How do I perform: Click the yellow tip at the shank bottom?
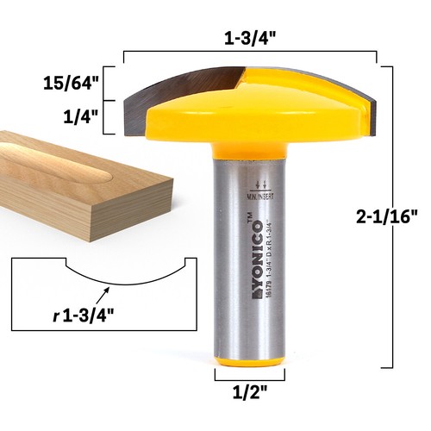[x=250, y=365]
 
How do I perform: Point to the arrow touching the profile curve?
[x=106, y=292]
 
